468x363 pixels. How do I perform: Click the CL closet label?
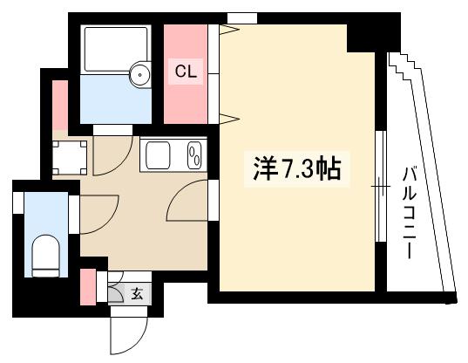click(187, 72)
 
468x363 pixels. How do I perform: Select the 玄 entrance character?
click(137, 294)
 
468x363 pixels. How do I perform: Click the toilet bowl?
click(44, 255)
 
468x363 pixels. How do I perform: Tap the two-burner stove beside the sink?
click(194, 157)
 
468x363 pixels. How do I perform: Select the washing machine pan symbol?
click(70, 157)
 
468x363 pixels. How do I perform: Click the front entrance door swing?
click(122, 332)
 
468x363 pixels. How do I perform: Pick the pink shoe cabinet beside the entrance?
click(88, 287)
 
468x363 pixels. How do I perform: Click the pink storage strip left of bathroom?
click(59, 103)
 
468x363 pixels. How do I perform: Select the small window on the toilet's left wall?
click(17, 202)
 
